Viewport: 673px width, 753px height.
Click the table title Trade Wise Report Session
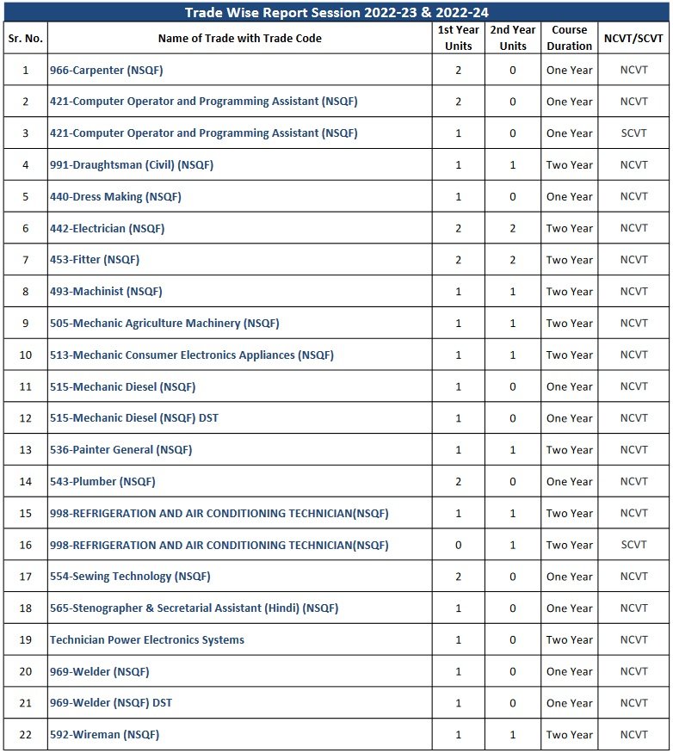[336, 12]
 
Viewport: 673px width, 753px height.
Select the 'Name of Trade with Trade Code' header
[239, 38]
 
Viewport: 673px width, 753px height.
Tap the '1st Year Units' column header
[458, 38]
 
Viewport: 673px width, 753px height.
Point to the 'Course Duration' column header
[569, 38]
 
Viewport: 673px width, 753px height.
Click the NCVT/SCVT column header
[633, 38]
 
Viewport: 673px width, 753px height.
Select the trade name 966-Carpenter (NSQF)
[106, 70]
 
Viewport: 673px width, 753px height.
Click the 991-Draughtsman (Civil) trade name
[131, 164]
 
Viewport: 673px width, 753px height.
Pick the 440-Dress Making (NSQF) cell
[115, 196]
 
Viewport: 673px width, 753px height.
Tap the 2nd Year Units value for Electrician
[513, 228]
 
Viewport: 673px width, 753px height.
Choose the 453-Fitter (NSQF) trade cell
[95, 259]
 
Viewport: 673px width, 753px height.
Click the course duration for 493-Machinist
[569, 291]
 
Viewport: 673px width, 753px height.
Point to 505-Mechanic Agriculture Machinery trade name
[164, 323]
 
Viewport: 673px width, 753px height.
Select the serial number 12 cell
[25, 418]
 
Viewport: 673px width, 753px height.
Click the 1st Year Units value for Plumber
[458, 481]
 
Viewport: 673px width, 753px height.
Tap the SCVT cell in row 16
[633, 545]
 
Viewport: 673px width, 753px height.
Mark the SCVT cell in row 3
[633, 133]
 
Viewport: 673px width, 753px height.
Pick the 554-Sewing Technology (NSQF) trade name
[130, 576]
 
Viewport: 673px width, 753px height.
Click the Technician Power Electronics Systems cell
[147, 639]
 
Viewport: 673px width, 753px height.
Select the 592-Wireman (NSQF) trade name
[104, 734]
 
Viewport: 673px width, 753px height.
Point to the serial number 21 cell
[25, 703]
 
